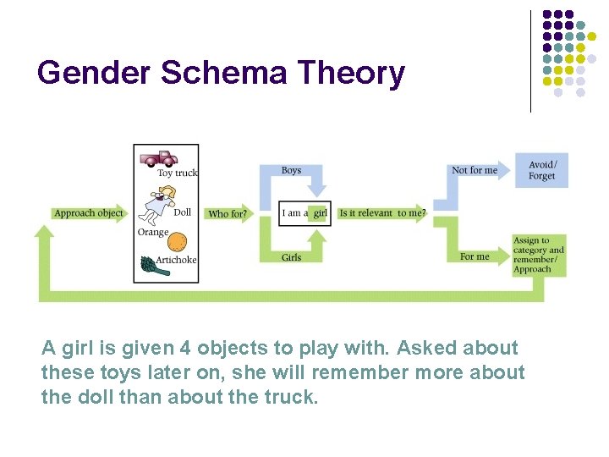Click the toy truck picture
point(159,157)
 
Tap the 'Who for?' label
point(227,214)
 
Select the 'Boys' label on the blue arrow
point(291,170)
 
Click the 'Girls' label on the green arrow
point(291,257)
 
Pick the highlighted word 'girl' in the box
point(320,213)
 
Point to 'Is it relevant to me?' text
point(381,213)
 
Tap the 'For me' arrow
point(475,256)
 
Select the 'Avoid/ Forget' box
point(541,170)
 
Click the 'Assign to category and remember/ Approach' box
point(539,255)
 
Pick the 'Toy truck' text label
point(178,173)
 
